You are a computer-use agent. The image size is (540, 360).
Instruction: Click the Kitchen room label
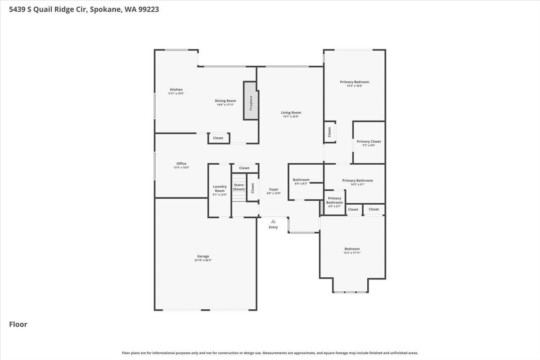176,91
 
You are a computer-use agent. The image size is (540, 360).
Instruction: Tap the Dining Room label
225,102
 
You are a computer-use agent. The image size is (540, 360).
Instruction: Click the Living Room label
291,114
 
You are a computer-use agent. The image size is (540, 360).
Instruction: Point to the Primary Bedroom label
354,83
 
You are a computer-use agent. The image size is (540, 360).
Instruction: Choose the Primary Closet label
369,143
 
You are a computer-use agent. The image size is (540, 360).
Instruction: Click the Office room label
181,165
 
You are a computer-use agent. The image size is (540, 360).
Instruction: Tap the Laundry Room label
220,190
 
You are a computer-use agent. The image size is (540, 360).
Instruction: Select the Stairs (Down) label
238,187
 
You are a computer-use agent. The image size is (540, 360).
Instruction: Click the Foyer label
274,191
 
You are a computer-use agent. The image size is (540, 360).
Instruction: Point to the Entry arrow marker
273,221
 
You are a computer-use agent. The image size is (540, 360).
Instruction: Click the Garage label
203,258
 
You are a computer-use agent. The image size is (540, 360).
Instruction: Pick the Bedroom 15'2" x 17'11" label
352,251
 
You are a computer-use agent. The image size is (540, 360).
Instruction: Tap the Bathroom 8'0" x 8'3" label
301,181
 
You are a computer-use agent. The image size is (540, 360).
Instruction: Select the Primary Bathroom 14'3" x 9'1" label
357,182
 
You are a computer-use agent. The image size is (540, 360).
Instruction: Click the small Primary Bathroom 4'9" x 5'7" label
334,201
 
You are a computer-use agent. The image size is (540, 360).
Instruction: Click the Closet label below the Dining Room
218,138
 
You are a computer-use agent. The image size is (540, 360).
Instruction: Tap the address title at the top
84,9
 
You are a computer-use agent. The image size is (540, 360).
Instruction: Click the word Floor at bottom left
18,324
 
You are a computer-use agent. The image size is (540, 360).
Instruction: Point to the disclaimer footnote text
270,353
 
